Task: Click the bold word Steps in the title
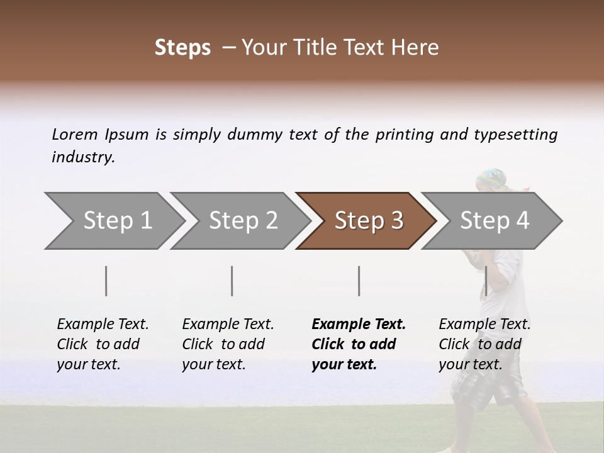click(x=182, y=48)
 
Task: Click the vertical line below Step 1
click(x=106, y=281)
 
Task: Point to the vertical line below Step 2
click(x=232, y=281)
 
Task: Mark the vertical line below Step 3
click(x=359, y=281)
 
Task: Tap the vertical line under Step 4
click(x=486, y=281)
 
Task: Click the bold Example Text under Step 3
click(x=359, y=324)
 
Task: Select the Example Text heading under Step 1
click(x=103, y=324)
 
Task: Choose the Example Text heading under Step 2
click(x=228, y=324)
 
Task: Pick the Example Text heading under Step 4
click(x=484, y=324)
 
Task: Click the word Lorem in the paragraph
click(x=75, y=134)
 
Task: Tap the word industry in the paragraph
click(x=82, y=157)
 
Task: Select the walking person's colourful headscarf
click(x=492, y=179)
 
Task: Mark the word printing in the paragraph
click(x=405, y=135)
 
